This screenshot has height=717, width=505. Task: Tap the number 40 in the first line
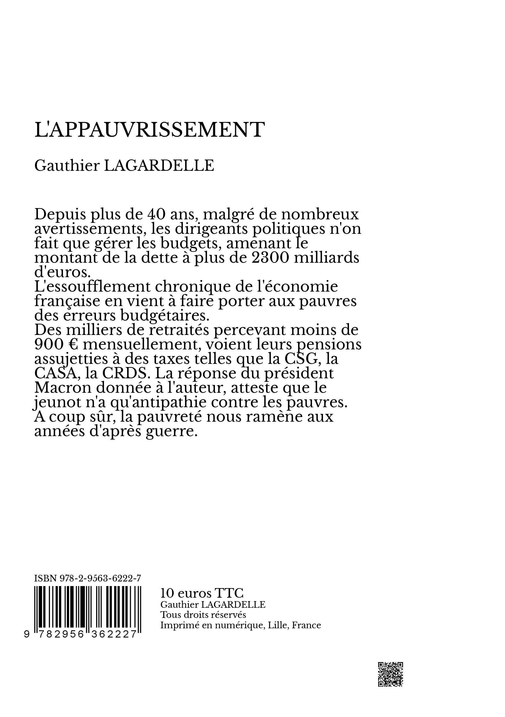click(155, 214)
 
